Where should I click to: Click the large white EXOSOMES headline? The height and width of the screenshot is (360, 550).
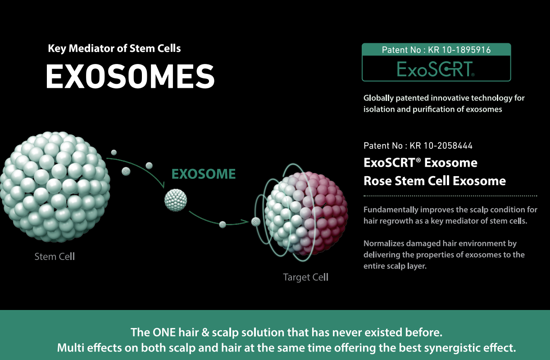(130, 76)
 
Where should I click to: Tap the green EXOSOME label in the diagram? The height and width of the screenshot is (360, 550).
(204, 174)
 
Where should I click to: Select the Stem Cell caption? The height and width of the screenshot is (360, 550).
(55, 257)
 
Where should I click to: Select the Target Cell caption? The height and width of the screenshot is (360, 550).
(306, 277)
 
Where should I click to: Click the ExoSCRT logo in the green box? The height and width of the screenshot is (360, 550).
(436, 69)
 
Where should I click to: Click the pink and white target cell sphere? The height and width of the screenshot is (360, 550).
(306, 213)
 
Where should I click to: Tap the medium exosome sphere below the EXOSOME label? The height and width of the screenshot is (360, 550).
(176, 200)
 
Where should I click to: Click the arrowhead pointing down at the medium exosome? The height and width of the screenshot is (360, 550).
(163, 185)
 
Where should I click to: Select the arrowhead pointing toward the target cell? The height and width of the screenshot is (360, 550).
(245, 222)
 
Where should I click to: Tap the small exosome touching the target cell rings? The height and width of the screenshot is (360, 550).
(256, 222)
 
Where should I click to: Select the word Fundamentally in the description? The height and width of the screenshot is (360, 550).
(391, 210)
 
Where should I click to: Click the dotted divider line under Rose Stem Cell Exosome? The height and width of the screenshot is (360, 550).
(450, 196)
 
